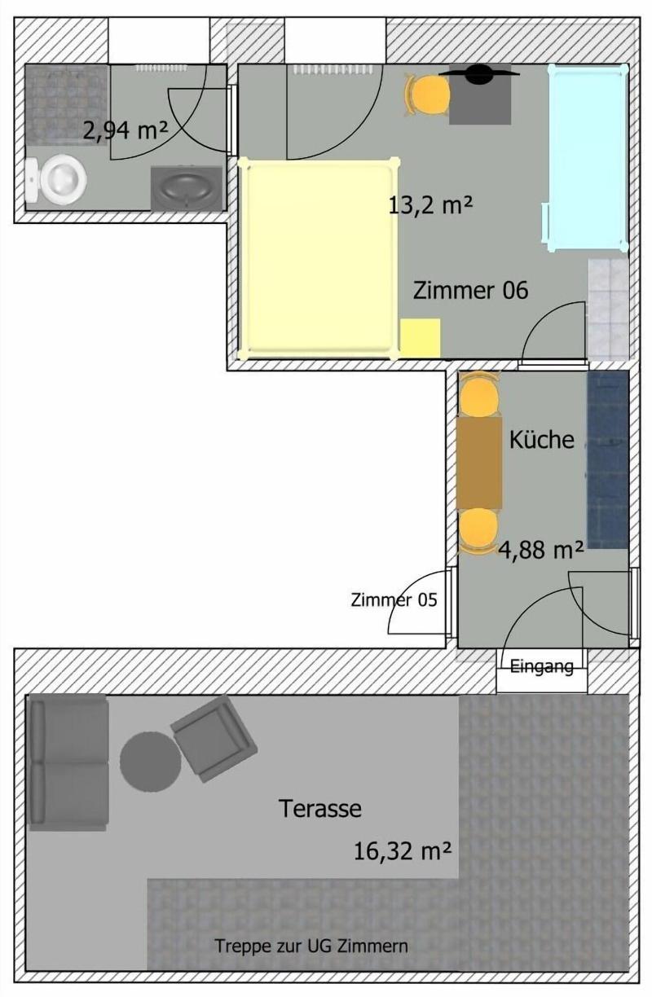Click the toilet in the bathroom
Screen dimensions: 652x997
tap(55, 179)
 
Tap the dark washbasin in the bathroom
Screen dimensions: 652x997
tap(186, 188)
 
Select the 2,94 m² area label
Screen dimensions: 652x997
tap(126, 131)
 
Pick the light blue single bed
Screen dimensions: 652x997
tap(588, 157)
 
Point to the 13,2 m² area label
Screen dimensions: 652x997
tap(430, 205)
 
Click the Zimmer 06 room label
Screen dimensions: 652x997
tap(470, 290)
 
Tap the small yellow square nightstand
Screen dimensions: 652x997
tap(420, 337)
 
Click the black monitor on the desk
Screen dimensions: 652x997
tap(479, 73)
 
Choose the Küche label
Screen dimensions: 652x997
tap(541, 440)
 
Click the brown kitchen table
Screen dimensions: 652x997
tap(479, 462)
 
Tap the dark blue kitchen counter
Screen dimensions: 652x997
tap(607, 459)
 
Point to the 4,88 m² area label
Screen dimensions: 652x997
tap(540, 550)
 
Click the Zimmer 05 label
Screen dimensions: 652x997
tap(394, 600)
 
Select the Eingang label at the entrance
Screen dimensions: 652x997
tap(541, 666)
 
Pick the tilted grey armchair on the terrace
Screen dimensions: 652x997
tap(214, 739)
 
